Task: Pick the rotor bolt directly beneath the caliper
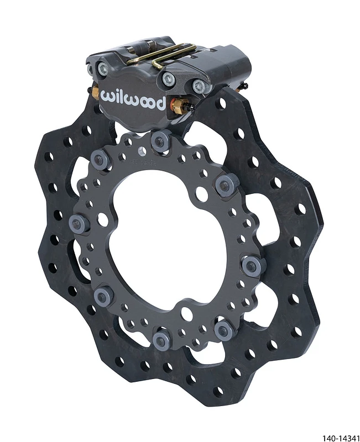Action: tap(160, 142)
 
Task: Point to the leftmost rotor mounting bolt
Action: tap(77, 223)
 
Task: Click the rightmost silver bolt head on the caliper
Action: tap(197, 86)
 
